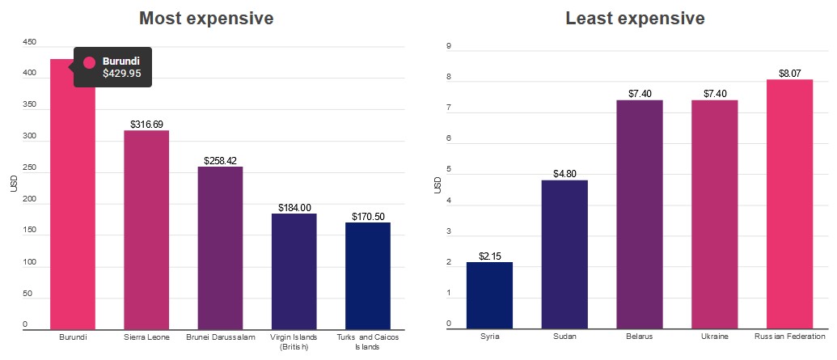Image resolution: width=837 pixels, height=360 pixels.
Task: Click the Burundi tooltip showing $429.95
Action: (112, 67)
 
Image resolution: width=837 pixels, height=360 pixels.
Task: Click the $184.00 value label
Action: (294, 208)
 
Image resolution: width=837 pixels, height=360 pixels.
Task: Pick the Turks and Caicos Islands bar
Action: (368, 276)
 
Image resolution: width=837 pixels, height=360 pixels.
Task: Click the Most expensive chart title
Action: (206, 18)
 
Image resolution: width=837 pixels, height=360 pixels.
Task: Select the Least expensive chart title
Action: (635, 18)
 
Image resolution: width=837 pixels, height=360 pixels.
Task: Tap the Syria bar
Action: (489, 295)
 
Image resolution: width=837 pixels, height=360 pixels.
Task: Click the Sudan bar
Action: (564, 254)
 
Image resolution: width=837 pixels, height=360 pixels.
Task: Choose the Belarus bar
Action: (640, 214)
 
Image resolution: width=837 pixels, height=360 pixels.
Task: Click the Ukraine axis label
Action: (715, 337)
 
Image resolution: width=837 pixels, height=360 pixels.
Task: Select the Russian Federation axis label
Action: (789, 337)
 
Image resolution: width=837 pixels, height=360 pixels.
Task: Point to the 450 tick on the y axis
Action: (30, 43)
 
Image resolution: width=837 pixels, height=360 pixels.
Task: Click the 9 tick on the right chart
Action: (449, 46)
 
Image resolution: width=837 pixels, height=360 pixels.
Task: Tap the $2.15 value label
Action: (490, 256)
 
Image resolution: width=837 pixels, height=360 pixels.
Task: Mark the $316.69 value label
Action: (146, 125)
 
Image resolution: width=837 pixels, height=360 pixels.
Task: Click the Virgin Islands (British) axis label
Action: (294, 341)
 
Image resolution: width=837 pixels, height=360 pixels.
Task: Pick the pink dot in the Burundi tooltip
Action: (90, 61)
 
